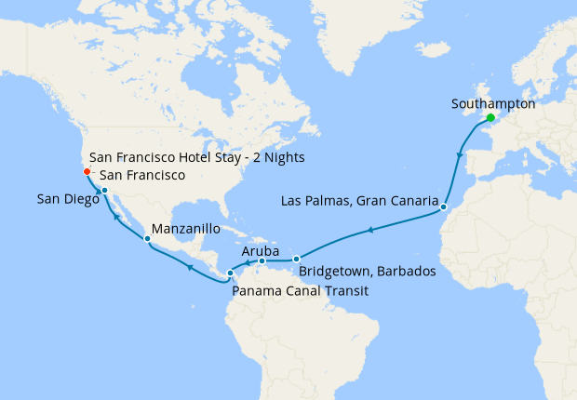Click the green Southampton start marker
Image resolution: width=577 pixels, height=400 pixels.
point(490,119)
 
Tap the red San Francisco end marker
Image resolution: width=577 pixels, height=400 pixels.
point(86,171)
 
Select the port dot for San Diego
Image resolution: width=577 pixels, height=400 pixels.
point(104,191)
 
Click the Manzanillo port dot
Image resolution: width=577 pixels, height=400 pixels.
point(147,239)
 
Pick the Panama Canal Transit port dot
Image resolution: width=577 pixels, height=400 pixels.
point(230,273)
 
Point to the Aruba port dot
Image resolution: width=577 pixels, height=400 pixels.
point(262,261)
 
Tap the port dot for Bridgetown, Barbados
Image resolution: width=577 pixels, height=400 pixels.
point(296,260)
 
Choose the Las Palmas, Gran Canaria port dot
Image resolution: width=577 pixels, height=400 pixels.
point(444,207)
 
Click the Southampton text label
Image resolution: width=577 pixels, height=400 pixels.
point(492,104)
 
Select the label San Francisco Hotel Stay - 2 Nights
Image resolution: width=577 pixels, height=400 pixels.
point(197,157)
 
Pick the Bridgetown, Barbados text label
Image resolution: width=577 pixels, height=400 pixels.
point(368,272)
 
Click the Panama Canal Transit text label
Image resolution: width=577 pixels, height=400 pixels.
point(301,291)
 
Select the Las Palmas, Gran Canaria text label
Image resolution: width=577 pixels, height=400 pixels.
point(359,201)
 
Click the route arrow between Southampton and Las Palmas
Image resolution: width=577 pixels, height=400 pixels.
point(460,153)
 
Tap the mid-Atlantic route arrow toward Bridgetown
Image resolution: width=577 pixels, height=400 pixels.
point(370,230)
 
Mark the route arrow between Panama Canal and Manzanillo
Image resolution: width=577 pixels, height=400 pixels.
point(189,267)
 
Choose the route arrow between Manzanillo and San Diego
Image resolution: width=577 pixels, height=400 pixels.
point(117,217)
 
